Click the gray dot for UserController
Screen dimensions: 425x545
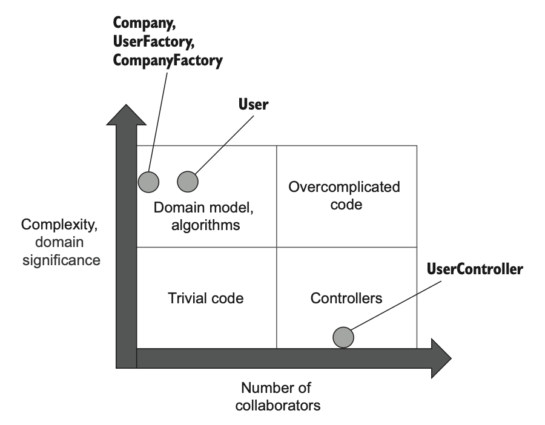343,337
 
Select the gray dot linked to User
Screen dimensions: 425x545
188,180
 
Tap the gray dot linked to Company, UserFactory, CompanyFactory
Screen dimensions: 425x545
148,180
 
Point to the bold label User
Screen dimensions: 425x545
253,105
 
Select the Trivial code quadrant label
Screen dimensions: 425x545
205,298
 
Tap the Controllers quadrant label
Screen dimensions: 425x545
346,298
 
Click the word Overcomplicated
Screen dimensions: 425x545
345,186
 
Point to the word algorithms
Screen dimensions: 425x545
206,226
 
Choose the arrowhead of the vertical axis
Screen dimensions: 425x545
125,116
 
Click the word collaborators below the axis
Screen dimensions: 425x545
280,404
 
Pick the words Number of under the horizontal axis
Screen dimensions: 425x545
276,387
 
